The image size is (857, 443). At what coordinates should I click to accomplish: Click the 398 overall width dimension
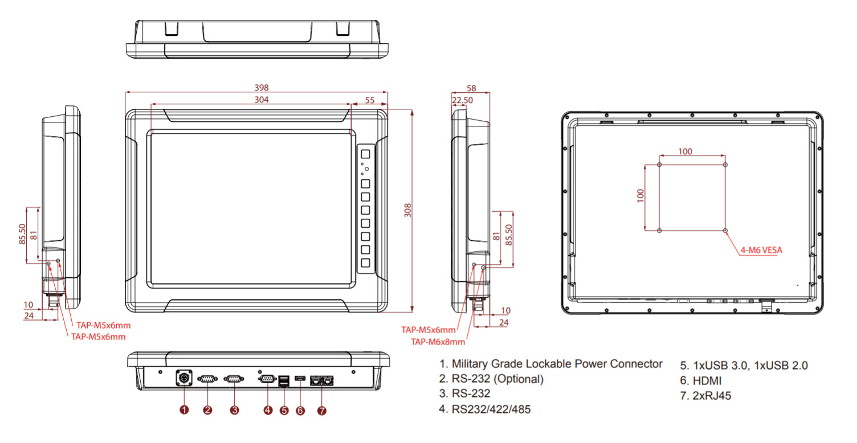[x=262, y=88]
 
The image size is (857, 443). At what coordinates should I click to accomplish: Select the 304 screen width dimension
[x=262, y=100]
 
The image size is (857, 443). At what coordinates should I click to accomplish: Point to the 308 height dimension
[x=407, y=211]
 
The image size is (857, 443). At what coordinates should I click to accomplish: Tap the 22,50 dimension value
[x=462, y=100]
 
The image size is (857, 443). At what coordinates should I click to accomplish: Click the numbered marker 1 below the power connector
[x=184, y=409]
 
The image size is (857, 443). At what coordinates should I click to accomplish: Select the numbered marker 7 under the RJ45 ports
[x=322, y=409]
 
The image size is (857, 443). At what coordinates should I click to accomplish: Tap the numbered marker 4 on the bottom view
[x=268, y=409]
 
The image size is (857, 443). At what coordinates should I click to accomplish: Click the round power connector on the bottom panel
[x=184, y=378]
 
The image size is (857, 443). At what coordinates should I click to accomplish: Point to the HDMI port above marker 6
[x=300, y=379]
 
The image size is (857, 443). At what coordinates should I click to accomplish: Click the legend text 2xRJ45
[x=711, y=396]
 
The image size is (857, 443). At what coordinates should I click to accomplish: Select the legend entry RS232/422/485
[x=492, y=408]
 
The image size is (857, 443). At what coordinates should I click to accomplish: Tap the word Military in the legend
[x=472, y=364]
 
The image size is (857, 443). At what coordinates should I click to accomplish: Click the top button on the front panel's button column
[x=365, y=154]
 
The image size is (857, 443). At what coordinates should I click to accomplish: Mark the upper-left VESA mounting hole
[x=659, y=165]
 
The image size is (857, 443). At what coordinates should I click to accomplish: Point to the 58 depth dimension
[x=471, y=88]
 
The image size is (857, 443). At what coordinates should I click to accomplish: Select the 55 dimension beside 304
[x=370, y=100]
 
